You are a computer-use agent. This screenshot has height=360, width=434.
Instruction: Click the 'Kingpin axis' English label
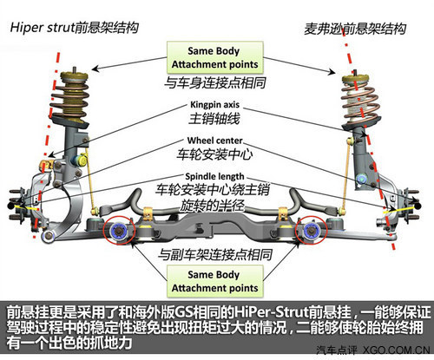click(x=214, y=104)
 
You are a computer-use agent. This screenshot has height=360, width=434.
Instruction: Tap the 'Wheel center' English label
click(x=214, y=141)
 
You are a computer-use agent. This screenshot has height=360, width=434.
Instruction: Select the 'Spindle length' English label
click(x=214, y=176)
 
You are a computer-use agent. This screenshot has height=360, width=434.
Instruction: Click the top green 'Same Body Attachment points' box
click(x=215, y=57)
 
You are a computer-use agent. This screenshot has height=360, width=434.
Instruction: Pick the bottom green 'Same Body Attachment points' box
click(x=215, y=281)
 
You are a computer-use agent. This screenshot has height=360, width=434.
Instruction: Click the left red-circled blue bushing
click(x=119, y=231)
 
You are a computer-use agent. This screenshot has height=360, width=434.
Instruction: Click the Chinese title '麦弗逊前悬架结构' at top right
click(x=355, y=29)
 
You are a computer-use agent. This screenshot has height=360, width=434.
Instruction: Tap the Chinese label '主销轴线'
click(x=214, y=118)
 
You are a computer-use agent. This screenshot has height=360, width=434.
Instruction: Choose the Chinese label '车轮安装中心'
click(x=214, y=154)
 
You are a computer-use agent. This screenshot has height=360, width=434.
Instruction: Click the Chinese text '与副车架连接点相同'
click(x=215, y=255)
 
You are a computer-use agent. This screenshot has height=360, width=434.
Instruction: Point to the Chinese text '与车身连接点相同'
click(x=215, y=82)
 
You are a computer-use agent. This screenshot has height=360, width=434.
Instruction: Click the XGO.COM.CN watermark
click(x=397, y=350)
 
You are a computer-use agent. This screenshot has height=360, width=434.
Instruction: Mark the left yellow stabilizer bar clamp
click(x=148, y=213)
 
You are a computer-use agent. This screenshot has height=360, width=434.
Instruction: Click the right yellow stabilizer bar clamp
click(x=283, y=213)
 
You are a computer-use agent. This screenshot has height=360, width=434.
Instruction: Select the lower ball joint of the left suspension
click(x=49, y=235)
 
